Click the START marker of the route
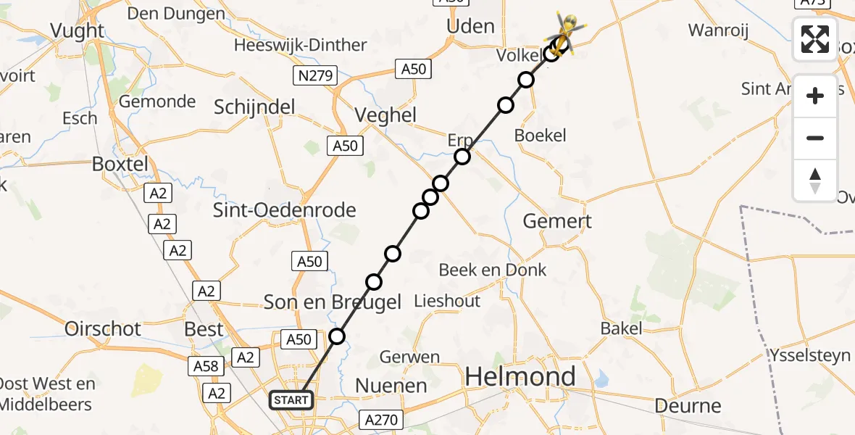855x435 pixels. click(292, 399)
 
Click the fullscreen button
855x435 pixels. click(815, 39)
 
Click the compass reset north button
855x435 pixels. click(815, 181)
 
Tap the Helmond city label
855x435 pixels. click(520, 376)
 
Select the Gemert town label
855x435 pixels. click(557, 222)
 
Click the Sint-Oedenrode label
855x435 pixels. click(285, 210)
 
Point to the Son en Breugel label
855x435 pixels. click(333, 302)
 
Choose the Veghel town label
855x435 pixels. click(385, 115)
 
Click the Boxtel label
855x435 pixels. click(120, 164)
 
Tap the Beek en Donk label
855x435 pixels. click(493, 270)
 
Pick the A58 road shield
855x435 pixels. click(206, 367)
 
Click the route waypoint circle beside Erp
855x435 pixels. click(462, 157)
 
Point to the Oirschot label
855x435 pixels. click(103, 328)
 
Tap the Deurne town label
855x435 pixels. click(688, 405)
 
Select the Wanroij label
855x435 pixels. click(717, 30)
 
